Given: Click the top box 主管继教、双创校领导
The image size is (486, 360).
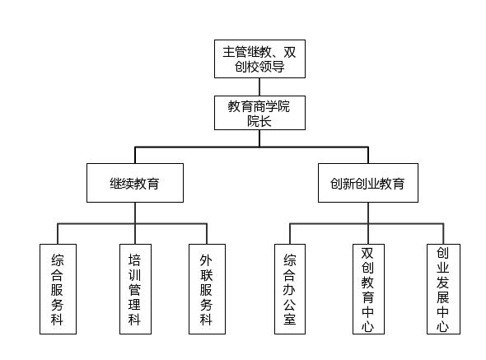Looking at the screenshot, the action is tap(259, 58).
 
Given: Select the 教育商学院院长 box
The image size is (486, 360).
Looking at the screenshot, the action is tap(259, 113).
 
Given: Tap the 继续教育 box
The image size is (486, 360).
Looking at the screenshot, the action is tap(135, 183).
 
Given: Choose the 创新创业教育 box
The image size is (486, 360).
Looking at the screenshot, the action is tap(368, 183).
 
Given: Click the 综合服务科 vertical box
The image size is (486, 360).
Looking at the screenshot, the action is tap(58, 289).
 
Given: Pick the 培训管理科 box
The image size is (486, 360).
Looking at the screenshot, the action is tap(135, 289).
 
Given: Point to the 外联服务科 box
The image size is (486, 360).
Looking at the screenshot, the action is tap(207, 289).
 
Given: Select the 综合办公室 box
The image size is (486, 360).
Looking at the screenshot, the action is tap(290, 289).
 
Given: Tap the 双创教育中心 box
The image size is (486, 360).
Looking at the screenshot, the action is tap(368, 289).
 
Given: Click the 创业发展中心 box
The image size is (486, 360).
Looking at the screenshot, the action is tap(443, 289).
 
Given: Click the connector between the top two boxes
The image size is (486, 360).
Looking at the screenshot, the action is tap(259, 86).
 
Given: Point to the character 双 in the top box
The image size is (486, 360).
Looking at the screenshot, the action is tap(290, 52).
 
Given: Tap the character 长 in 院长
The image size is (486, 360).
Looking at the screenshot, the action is tap(265, 121).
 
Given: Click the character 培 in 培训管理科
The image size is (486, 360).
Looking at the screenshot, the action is tap(135, 260).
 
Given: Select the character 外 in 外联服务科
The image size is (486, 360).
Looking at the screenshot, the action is tap(206, 260).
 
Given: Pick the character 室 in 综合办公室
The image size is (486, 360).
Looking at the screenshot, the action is tap(290, 319).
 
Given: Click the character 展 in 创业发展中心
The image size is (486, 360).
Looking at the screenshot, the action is tap(443, 297).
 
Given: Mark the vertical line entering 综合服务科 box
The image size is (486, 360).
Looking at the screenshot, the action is tap(58, 234).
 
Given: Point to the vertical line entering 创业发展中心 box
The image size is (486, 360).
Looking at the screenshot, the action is tap(443, 234).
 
